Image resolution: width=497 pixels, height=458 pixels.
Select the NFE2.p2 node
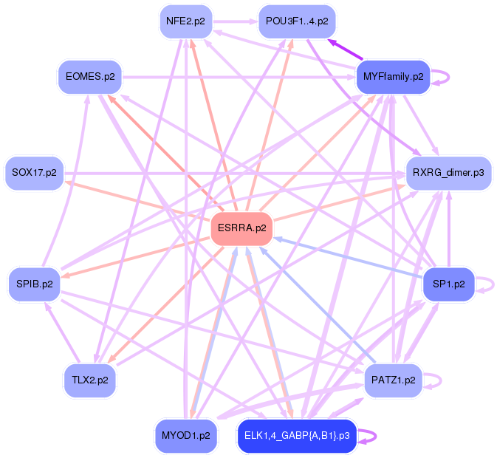185,21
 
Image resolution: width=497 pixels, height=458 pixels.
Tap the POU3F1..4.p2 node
297,21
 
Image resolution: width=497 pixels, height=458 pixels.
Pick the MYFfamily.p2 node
393,76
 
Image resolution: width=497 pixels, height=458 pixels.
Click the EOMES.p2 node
90,76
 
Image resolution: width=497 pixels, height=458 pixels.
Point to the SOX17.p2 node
34,173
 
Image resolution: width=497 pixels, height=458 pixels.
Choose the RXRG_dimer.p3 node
448,173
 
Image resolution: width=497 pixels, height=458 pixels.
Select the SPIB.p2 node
34,284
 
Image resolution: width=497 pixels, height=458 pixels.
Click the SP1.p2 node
448,284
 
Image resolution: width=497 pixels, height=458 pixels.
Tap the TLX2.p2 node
90,380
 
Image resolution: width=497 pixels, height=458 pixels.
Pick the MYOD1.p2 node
185,435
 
